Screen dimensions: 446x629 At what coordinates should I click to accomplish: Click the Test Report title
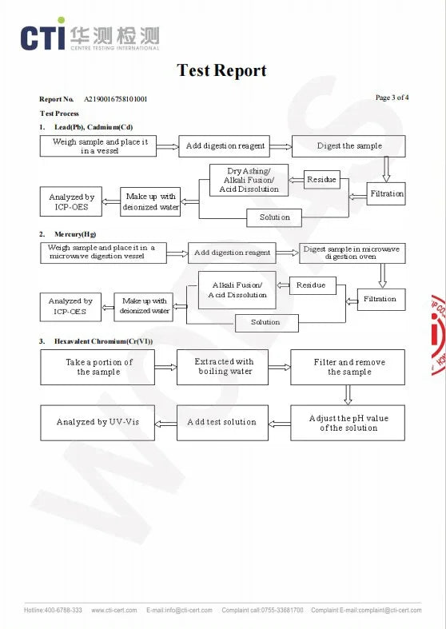(221, 70)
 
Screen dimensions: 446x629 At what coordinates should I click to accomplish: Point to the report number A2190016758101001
(116, 99)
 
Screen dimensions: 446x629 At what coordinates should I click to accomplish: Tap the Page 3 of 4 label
(392, 98)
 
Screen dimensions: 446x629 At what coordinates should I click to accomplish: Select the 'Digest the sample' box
(348, 146)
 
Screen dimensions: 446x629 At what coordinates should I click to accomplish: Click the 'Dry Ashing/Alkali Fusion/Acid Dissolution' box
(249, 180)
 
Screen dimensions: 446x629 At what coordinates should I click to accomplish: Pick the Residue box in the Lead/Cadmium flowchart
(321, 179)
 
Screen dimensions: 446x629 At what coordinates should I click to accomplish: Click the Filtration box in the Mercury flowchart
(381, 299)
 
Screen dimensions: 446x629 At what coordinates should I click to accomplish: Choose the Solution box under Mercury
(267, 323)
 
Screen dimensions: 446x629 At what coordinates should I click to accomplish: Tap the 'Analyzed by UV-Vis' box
(98, 423)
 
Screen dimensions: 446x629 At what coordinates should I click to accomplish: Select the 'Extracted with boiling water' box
(222, 367)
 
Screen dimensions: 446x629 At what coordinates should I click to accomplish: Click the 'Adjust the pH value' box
(348, 423)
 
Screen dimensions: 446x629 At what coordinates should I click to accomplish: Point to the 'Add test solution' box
(222, 423)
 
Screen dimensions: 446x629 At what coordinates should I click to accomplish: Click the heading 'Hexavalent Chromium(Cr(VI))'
(103, 341)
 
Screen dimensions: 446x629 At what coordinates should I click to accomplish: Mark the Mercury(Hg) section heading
(75, 234)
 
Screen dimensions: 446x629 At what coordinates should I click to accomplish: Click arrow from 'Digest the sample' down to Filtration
(386, 169)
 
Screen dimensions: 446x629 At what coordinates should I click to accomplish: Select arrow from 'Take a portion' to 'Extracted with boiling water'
(165, 367)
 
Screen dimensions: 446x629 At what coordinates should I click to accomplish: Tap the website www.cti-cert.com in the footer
(114, 610)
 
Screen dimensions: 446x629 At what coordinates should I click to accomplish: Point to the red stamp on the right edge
(438, 335)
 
